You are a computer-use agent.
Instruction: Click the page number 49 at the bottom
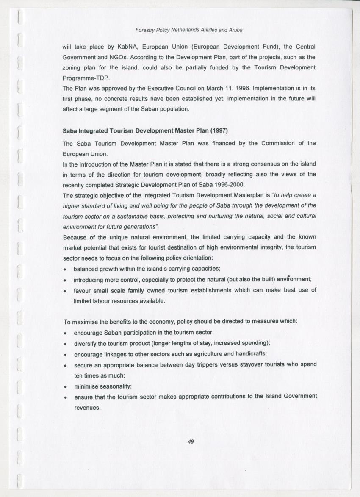click(191, 441)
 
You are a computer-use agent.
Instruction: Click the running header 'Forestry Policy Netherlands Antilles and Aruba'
click(188, 30)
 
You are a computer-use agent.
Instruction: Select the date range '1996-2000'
click(231, 185)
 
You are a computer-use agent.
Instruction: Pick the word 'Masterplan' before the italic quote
click(248, 195)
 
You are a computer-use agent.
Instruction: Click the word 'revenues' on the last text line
click(87, 408)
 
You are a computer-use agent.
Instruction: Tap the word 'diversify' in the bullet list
click(85, 343)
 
